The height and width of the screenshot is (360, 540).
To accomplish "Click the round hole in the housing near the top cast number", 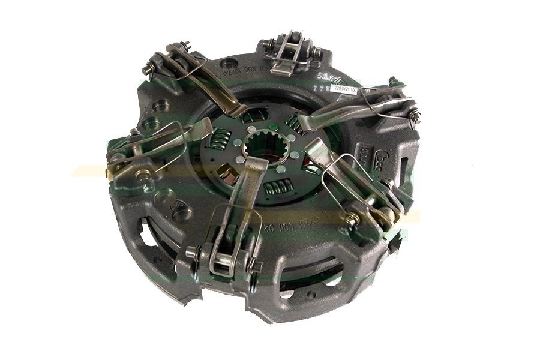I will pyautogui.click(x=226, y=62).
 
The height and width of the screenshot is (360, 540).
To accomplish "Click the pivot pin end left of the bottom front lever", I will pyautogui.click(x=193, y=253).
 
